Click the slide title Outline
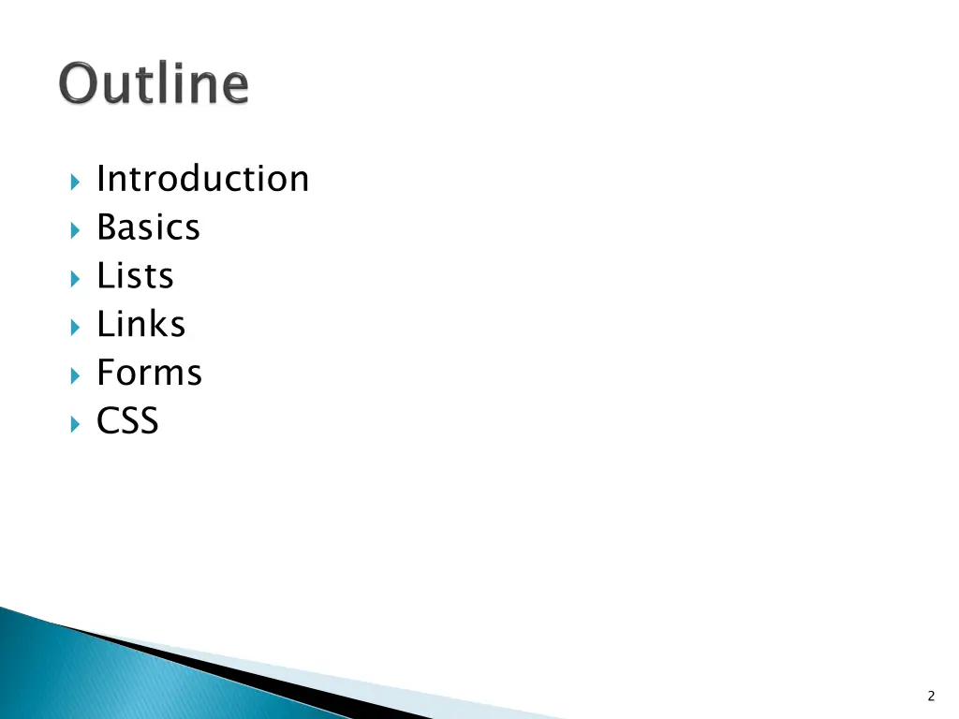(155, 84)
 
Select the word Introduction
(202, 179)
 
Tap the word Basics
(148, 227)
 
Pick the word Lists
(135, 276)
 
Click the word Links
(140, 325)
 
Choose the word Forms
(149, 373)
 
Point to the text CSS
(127, 421)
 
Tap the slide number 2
(931, 696)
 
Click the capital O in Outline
(81, 85)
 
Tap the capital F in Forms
(106, 373)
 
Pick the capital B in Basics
(108, 227)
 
